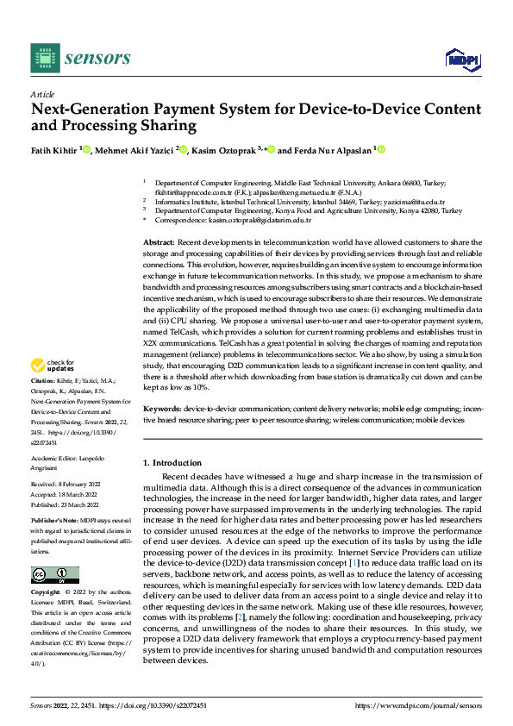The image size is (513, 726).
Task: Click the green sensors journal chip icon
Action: click(x=45, y=59)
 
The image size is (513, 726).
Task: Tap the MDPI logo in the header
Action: click(x=461, y=59)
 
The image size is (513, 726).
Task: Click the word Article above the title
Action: click(x=42, y=94)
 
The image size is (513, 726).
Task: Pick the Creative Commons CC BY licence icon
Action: click(x=54, y=575)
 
